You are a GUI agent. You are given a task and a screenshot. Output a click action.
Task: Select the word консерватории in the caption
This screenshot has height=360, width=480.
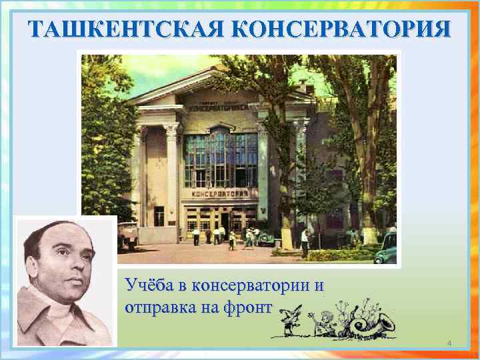250,286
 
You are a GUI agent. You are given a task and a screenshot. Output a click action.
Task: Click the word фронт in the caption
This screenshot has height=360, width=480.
251,307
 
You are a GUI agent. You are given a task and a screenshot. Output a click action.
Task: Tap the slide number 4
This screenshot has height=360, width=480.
449,343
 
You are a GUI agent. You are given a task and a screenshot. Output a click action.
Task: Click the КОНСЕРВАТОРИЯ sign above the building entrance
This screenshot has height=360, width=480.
220,194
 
